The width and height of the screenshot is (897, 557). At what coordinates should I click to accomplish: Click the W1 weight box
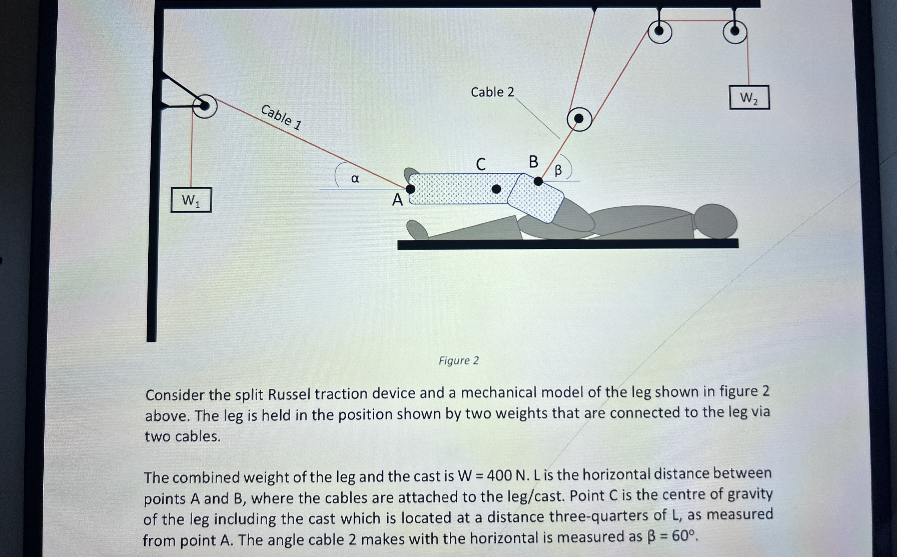[x=191, y=200]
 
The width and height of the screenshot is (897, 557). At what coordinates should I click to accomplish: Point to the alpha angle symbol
[x=355, y=179]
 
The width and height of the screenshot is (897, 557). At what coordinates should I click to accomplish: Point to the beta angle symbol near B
[x=558, y=170]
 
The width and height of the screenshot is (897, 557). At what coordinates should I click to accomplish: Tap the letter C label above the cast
[x=481, y=164]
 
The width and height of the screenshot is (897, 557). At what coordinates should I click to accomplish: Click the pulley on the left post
[x=204, y=106]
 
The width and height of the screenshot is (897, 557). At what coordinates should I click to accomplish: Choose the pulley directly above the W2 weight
[x=735, y=32]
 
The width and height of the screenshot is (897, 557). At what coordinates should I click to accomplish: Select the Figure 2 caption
[x=459, y=360]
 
